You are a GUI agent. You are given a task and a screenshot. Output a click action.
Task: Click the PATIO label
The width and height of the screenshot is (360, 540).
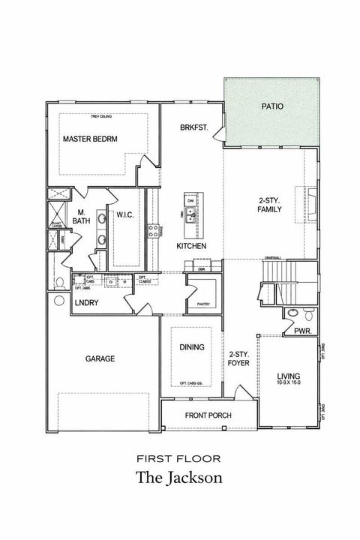tap(272, 106)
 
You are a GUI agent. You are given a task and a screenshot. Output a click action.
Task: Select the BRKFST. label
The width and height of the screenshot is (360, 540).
tap(193, 128)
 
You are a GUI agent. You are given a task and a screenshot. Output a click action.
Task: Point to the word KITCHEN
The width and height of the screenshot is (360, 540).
tap(191, 246)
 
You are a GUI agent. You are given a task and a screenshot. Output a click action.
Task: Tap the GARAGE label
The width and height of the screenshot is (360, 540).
tap(99, 358)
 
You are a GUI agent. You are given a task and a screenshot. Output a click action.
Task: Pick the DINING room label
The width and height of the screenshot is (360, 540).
tap(192, 346)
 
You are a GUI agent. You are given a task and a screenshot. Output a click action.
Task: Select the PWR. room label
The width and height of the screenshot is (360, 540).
tap(302, 330)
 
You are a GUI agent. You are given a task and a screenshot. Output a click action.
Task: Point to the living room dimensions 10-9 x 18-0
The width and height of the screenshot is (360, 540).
tap(289, 382)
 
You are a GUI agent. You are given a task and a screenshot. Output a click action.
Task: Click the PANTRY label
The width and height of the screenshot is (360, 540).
tap(202, 304)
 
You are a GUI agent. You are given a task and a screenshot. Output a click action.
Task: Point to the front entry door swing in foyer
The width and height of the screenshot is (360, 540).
tap(241, 391)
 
